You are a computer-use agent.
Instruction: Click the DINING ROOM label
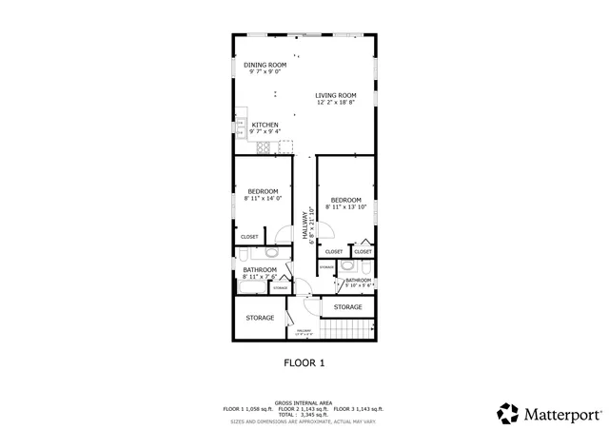click(265, 65)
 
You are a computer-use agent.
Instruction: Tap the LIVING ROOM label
click(336, 95)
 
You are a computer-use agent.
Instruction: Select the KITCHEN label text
click(265, 125)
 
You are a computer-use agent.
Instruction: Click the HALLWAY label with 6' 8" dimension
click(306, 225)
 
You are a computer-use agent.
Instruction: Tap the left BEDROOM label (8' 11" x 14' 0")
click(261, 191)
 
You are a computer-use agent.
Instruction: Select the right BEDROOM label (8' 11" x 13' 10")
click(345, 199)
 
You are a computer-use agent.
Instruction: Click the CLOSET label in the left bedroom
click(249, 236)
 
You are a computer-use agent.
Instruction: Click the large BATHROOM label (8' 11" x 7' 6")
click(259, 270)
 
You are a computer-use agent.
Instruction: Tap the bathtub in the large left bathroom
click(256, 286)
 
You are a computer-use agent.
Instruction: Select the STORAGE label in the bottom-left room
click(260, 318)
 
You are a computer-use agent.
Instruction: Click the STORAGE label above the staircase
click(347, 307)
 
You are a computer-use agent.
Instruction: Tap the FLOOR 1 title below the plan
click(304, 362)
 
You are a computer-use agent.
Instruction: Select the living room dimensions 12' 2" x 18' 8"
click(336, 103)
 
